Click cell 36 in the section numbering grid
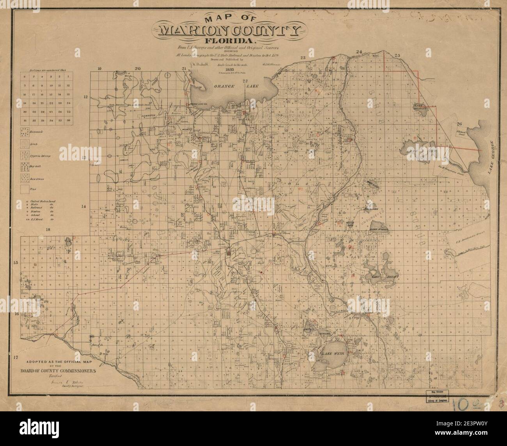(x=68, y=120)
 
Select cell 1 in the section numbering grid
(x=69, y=78)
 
